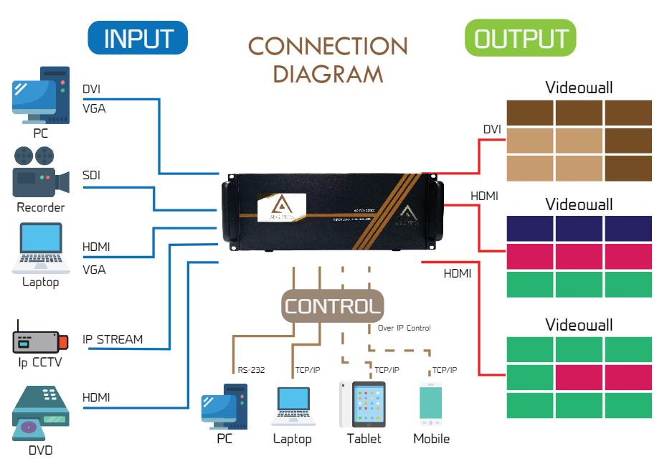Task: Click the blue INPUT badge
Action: click(x=138, y=38)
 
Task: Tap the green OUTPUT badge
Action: click(x=521, y=38)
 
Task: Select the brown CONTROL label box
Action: click(x=332, y=306)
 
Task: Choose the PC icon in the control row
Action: click(x=224, y=405)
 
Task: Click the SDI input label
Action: click(x=92, y=176)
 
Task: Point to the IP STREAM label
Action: click(x=113, y=339)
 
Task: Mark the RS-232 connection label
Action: click(x=250, y=371)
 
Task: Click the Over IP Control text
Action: click(x=405, y=328)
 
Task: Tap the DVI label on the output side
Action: click(x=492, y=130)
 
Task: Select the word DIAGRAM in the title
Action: click(x=328, y=74)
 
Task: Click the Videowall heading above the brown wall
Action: click(x=579, y=88)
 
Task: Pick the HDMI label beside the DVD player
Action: click(x=96, y=397)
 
